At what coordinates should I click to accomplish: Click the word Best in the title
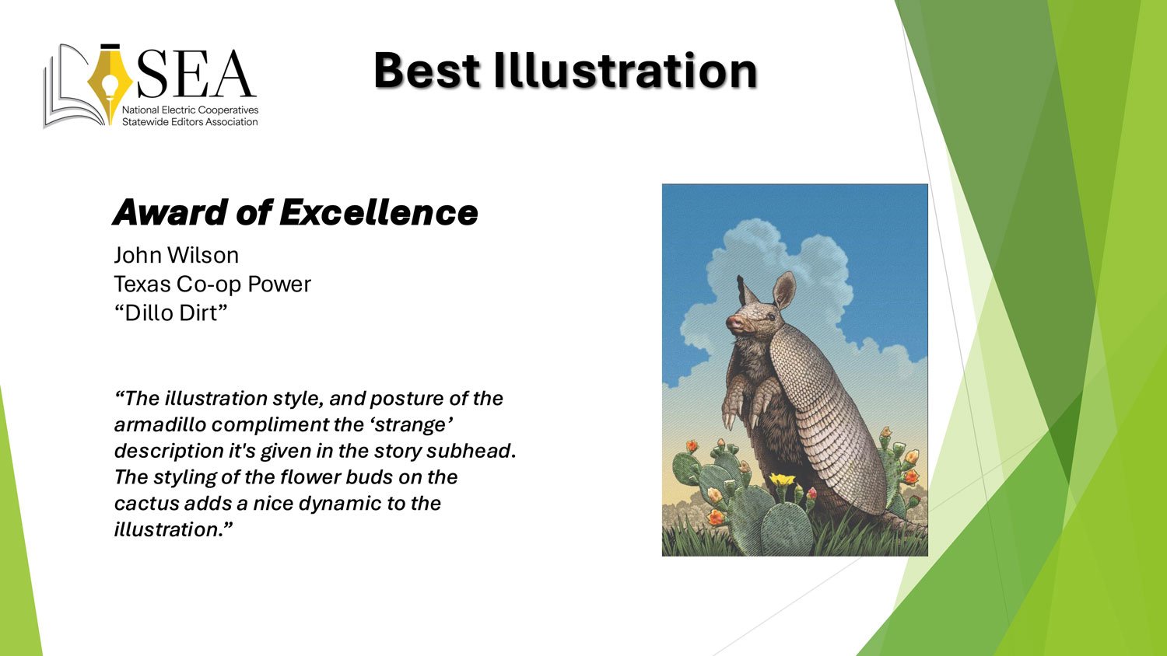tap(426, 71)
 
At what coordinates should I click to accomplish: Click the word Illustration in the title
tap(626, 71)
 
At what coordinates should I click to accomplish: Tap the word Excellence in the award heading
tap(379, 212)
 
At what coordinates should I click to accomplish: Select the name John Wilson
tap(176, 255)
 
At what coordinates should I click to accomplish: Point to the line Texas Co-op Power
tap(212, 284)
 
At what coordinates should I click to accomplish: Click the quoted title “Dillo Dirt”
tap(171, 313)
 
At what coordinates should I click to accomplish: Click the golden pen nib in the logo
tap(110, 83)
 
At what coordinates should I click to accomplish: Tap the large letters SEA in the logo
tap(196, 74)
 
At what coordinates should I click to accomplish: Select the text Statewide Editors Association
tap(190, 122)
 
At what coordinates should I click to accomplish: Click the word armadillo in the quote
tap(160, 425)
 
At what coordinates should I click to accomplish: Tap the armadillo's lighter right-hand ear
tap(784, 291)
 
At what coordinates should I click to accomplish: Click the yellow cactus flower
tap(782, 479)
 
